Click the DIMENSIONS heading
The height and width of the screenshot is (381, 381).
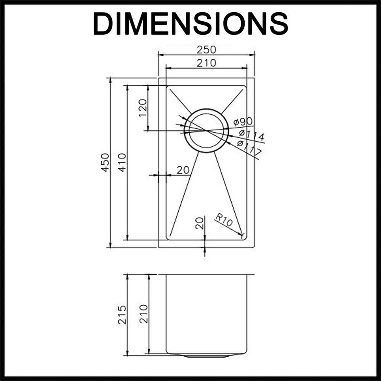tap(190, 24)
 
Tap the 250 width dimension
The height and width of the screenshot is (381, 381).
tap(206, 50)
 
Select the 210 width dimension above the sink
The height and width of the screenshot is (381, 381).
tap(206, 62)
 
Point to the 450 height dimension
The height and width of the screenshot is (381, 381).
tap(105, 163)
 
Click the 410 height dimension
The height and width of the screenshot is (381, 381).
tap(122, 163)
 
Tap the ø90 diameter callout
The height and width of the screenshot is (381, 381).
tap(243, 122)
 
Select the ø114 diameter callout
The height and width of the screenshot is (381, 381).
tap(252, 134)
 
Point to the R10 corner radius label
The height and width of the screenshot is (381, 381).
tap(224, 220)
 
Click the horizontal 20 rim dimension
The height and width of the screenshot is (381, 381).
tap(183, 170)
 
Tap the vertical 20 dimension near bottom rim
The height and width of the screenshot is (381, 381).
tap(199, 223)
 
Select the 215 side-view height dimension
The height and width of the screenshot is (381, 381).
tap(122, 314)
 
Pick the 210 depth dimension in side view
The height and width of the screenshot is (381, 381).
tap(143, 314)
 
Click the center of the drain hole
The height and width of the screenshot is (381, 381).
tap(206, 131)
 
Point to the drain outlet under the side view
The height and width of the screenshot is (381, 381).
tap(206, 356)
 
